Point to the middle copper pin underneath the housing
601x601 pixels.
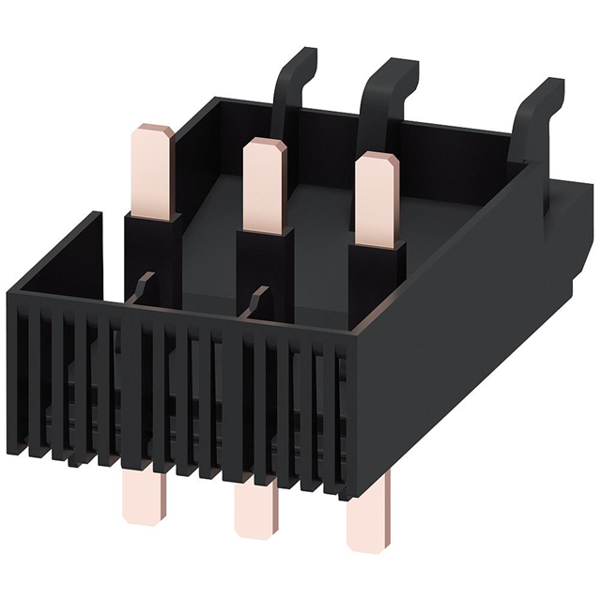251,507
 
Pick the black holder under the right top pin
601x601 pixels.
376,282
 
